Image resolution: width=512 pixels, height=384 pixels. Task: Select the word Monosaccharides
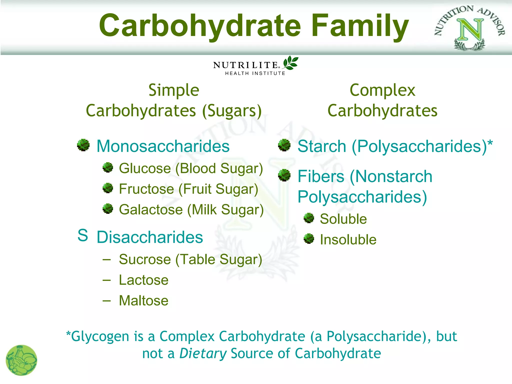click(163, 146)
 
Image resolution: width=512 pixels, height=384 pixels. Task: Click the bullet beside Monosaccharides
click(83, 145)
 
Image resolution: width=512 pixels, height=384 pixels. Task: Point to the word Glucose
click(145, 168)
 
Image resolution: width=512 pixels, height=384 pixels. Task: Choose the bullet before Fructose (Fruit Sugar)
click(108, 188)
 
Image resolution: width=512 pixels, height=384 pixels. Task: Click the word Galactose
click(151, 209)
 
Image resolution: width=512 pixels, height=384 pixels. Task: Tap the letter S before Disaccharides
click(83, 235)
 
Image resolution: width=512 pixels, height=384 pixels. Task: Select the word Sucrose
click(145, 259)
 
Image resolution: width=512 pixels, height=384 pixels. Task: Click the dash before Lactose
click(106, 280)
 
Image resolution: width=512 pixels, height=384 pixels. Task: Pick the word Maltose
click(143, 300)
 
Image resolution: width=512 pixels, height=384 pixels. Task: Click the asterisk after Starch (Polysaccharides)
click(490, 143)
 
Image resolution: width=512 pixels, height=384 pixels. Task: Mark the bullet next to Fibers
click(284, 175)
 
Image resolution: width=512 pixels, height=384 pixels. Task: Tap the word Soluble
click(343, 219)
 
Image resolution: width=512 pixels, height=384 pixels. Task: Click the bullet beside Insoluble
click(309, 238)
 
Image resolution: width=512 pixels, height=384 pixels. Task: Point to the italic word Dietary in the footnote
click(203, 353)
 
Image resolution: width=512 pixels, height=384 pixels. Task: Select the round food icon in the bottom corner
click(21, 360)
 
